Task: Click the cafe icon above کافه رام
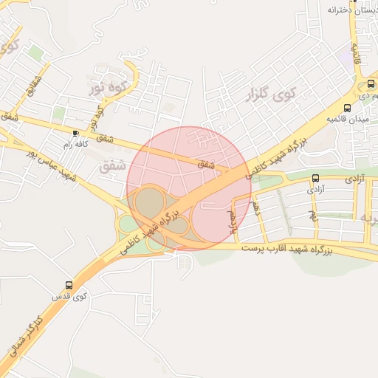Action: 76,133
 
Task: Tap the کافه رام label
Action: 76,144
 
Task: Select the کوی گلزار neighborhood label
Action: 267,95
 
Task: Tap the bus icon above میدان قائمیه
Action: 347,107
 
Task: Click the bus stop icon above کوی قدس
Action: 69,285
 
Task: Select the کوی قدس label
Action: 69,296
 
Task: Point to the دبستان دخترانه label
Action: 347,10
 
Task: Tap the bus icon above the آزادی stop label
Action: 316,178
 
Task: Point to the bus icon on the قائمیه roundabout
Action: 347,107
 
